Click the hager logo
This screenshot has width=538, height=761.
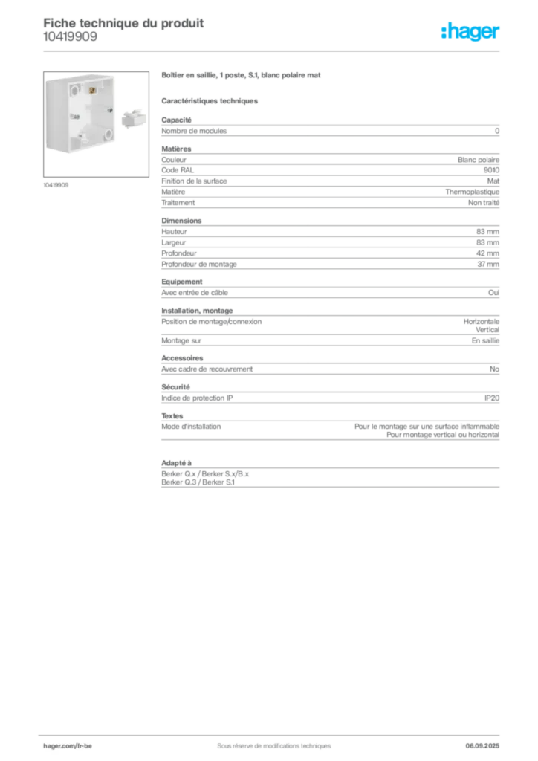click(x=470, y=31)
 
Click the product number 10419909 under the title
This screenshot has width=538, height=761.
click(x=70, y=36)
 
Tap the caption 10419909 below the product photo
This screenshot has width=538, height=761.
click(x=56, y=185)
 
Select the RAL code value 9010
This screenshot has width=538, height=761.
click(x=491, y=170)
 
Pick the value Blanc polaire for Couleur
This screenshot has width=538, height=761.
click(x=479, y=160)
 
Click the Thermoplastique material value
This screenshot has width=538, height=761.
click(x=472, y=192)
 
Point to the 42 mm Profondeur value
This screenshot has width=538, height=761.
click(x=487, y=253)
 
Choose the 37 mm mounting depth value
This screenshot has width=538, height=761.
click(x=488, y=264)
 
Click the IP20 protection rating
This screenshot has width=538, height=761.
click(x=492, y=398)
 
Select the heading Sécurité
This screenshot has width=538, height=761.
click(x=175, y=386)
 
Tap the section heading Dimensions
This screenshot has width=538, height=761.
click(x=181, y=220)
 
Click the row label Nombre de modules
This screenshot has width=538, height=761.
click(x=194, y=131)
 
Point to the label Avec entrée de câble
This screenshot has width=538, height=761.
click(x=195, y=293)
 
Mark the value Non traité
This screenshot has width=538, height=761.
click(x=484, y=202)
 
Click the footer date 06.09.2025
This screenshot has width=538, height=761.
click(x=482, y=746)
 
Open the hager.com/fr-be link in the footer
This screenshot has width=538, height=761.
click(x=68, y=746)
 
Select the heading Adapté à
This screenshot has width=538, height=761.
click(x=177, y=463)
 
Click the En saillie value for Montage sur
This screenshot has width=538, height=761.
click(x=485, y=340)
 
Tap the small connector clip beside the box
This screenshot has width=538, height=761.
click(x=134, y=118)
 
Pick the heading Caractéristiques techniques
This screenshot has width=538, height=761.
click(x=210, y=101)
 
